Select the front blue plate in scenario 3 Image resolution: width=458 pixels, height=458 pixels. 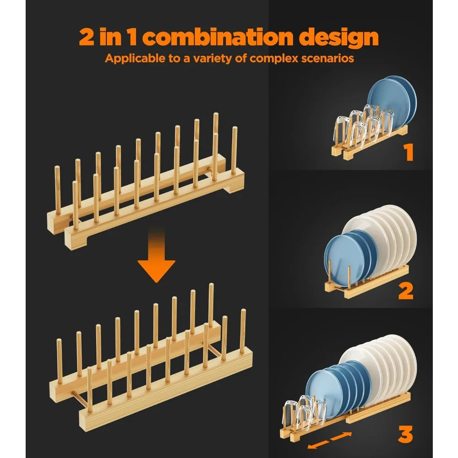[x=321, y=394]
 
